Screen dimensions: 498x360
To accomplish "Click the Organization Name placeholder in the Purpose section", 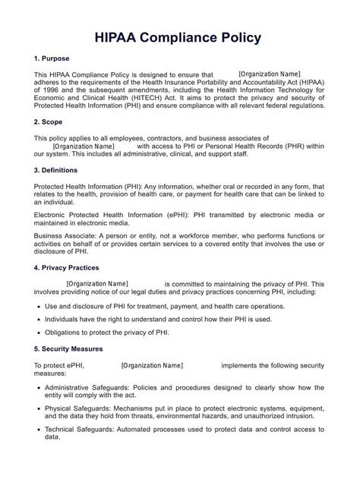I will (x=270, y=74).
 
